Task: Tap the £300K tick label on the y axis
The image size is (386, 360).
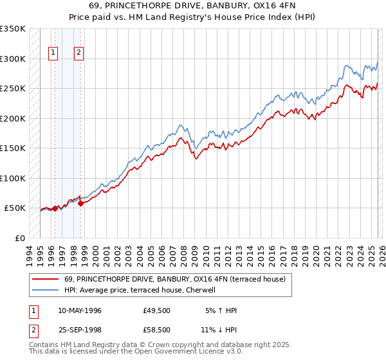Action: coord(13,59)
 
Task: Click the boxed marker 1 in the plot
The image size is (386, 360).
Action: coord(53,53)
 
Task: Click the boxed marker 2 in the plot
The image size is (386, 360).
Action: coord(78,53)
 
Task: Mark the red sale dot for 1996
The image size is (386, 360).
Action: coord(55,208)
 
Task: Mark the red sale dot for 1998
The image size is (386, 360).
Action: coord(81,203)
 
